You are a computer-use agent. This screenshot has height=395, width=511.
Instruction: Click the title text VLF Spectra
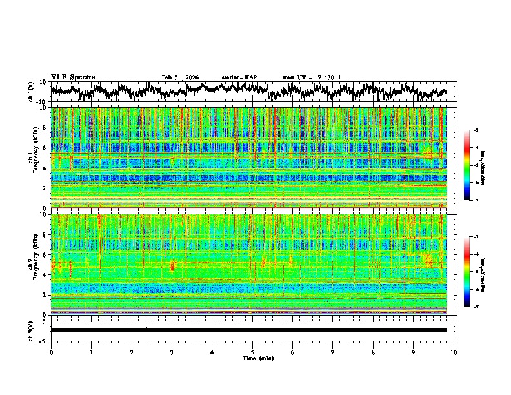pyautogui.click(x=73, y=77)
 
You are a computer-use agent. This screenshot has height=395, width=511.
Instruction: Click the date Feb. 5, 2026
pyautogui.click(x=180, y=77)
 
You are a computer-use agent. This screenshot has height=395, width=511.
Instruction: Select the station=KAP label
pyautogui.click(x=239, y=77)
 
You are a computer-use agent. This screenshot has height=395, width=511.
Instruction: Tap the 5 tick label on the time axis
pyautogui.click(x=252, y=352)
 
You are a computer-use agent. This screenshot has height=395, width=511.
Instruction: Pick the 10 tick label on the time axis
pyautogui.click(x=454, y=352)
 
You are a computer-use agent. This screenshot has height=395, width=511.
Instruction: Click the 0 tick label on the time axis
pyautogui.click(x=51, y=352)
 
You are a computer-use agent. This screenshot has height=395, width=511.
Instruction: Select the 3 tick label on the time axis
pyautogui.click(x=172, y=352)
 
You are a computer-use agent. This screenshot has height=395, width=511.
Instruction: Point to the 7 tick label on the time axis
pyautogui.click(x=333, y=352)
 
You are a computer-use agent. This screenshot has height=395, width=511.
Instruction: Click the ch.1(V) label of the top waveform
pyautogui.click(x=31, y=92)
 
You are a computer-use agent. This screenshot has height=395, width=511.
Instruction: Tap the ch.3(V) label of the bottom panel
pyautogui.click(x=31, y=329)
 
